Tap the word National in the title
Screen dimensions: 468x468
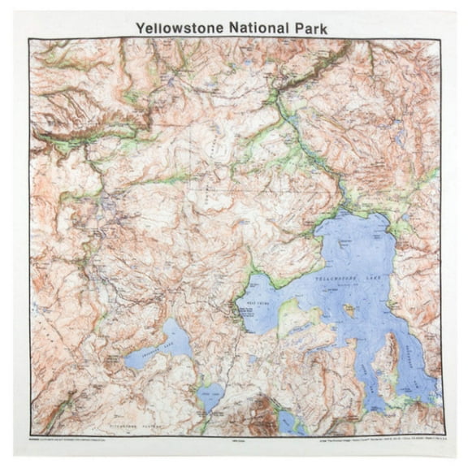click(x=261, y=27)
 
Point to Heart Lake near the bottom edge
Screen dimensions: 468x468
click(x=288, y=421)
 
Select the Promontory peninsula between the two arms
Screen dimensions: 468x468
click(x=388, y=357)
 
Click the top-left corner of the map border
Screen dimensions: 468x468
click(x=30, y=38)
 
